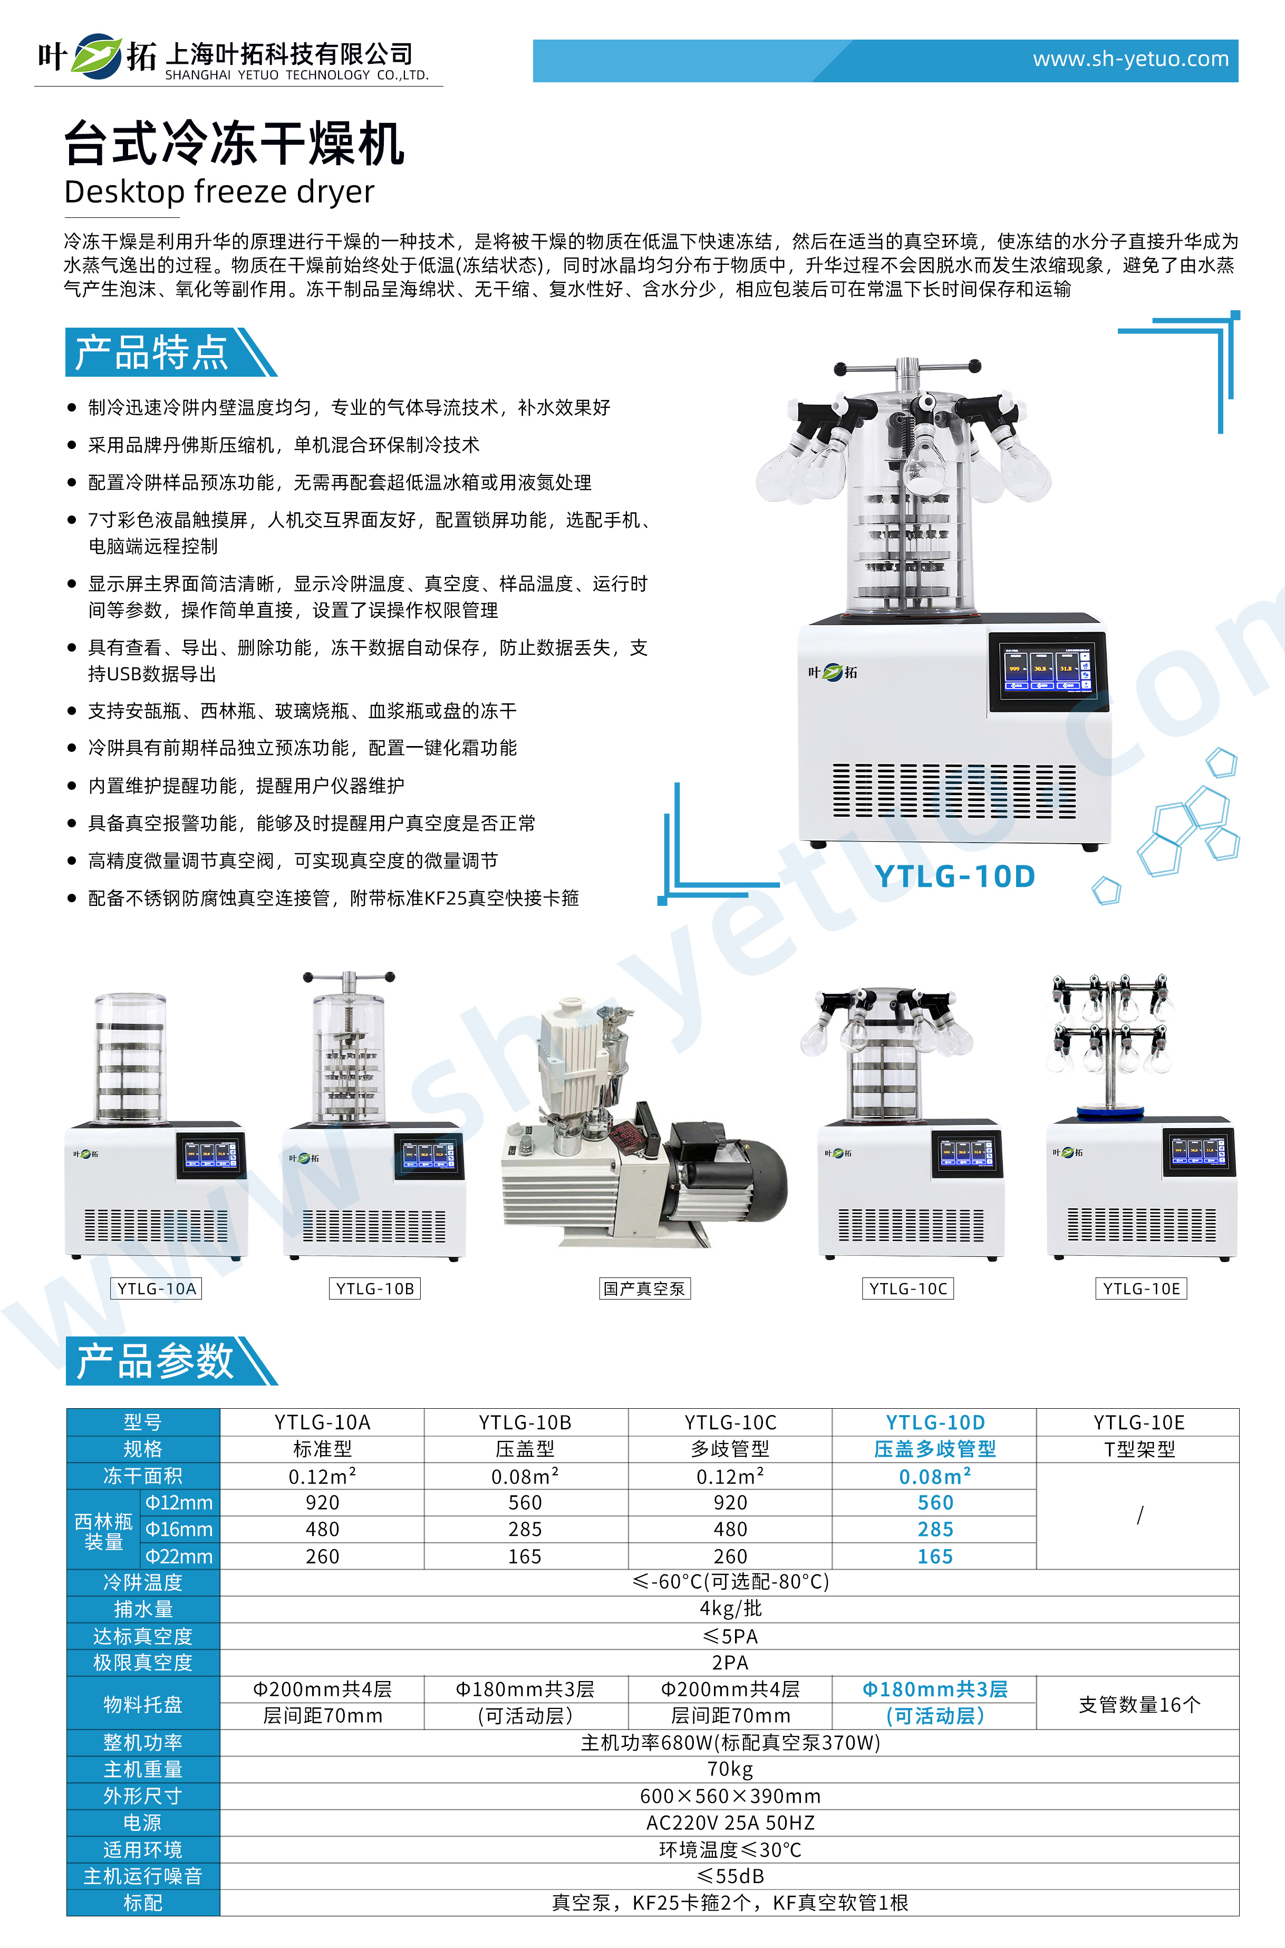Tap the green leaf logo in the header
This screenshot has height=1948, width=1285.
pyautogui.click(x=96, y=56)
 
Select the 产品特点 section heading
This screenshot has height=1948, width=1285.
pyautogui.click(x=152, y=352)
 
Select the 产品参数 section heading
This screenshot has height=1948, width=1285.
pyautogui.click(x=154, y=1361)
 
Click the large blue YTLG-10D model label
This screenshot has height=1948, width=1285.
pyautogui.click(x=955, y=876)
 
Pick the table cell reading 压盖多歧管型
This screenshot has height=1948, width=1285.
pyautogui.click(x=934, y=1449)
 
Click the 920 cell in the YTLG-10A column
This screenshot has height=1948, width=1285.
pyautogui.click(x=322, y=1503)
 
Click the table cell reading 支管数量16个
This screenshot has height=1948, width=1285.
pyautogui.click(x=1139, y=1704)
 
